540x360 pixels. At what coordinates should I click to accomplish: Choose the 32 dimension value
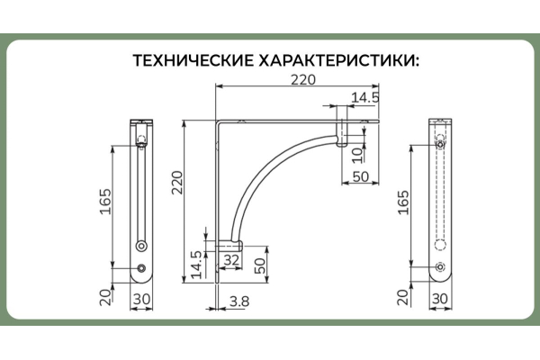point(231,258)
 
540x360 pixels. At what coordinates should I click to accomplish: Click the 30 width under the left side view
point(142,300)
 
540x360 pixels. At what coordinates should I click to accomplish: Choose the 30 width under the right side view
point(440,300)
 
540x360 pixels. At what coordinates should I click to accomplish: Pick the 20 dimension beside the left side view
point(105,293)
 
